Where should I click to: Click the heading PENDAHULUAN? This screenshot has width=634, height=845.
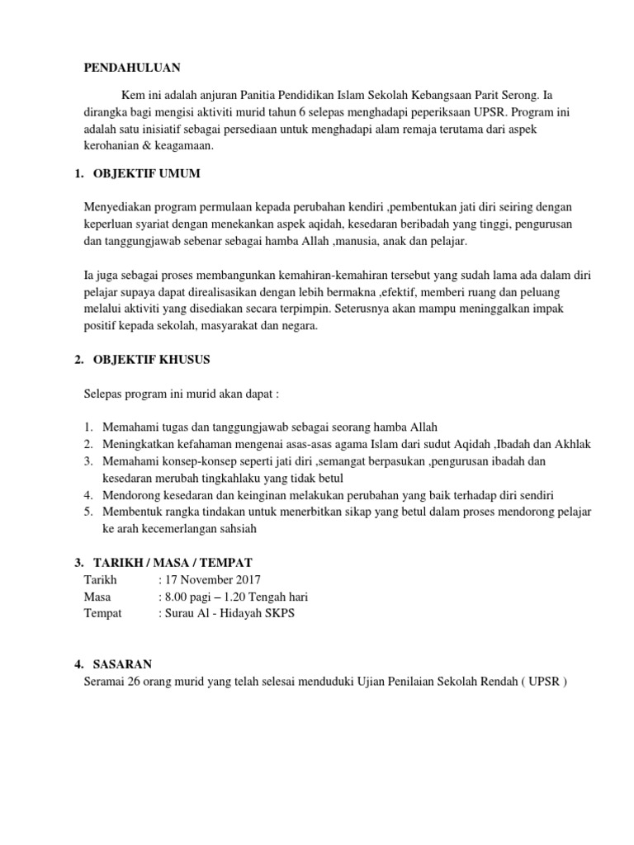click(x=132, y=68)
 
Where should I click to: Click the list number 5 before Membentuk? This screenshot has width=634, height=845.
click(x=88, y=512)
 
